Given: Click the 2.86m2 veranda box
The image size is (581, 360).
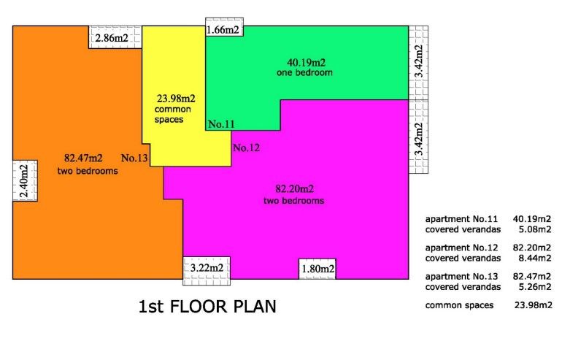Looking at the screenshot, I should point(115,37).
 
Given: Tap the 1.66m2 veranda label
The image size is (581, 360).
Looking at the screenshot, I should point(224,29).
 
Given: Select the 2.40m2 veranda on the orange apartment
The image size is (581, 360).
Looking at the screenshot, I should point(25,179).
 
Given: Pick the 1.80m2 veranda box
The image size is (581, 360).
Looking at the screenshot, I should point(318,269).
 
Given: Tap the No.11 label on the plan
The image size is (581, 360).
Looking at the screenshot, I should point(221,125).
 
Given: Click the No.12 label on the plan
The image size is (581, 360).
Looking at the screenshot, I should point(246,148).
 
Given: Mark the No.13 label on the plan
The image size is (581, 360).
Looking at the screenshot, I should point(135,158).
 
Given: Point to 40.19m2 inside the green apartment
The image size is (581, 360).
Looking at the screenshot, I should point(304,62).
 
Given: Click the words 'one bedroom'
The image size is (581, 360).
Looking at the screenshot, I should point(304,73).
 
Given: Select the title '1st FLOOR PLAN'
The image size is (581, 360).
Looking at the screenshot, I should point(207,307).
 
